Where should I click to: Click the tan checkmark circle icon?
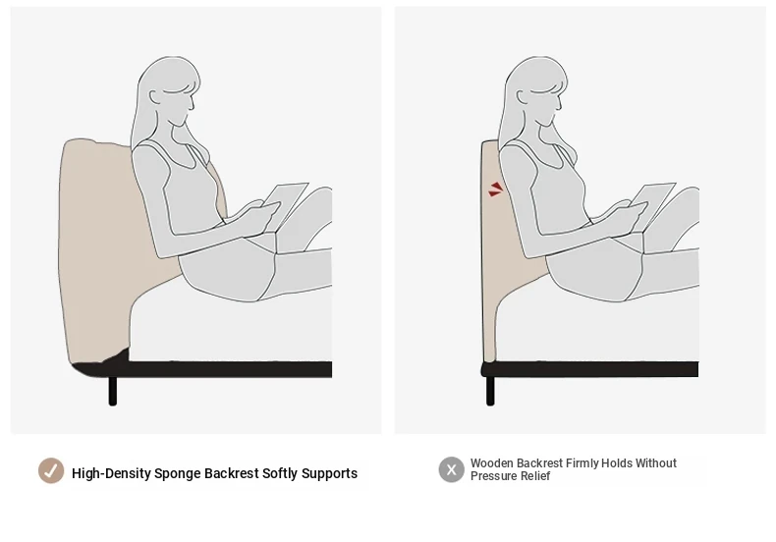tap(51, 470)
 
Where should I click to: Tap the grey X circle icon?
tap(451, 469)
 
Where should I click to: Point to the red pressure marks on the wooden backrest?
tap(495, 190)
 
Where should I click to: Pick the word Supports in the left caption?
tap(329, 473)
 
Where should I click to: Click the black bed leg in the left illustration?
tap(113, 391)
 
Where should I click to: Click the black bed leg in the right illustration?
tap(490, 391)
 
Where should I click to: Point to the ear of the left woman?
tap(155, 97)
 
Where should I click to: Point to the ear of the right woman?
tap(523, 97)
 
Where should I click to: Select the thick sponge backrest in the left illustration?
tap(99, 247)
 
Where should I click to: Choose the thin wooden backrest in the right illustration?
tap(490, 247)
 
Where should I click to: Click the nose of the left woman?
tap(193, 104)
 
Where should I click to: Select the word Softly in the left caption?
tap(280, 473)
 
